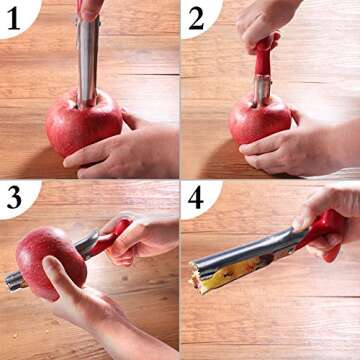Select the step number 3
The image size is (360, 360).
[14, 197]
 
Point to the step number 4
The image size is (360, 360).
[196, 197]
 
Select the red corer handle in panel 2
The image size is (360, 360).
[264, 55]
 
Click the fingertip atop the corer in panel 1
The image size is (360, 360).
[90, 8]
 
